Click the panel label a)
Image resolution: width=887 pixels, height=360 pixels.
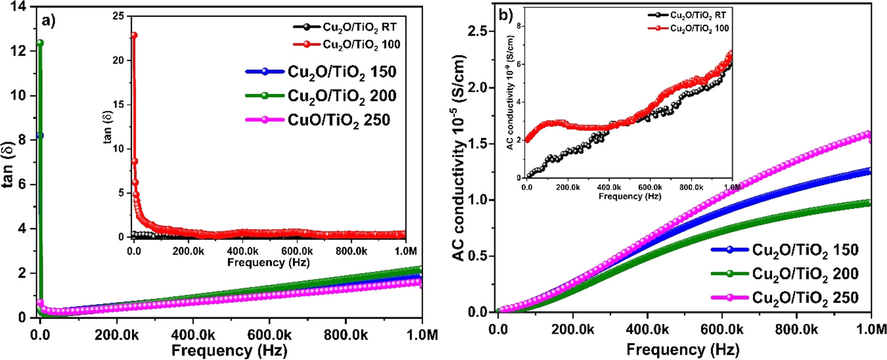pos(49,20)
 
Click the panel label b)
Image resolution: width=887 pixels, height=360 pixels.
pos(505,15)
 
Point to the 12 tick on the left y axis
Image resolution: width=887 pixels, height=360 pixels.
pos(19,51)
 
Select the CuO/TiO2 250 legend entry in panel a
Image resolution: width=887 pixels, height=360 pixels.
pos(339,120)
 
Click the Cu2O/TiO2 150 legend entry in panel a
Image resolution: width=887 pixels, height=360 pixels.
pos(342,71)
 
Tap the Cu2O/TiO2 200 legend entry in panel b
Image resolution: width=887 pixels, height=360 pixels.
pos(805,273)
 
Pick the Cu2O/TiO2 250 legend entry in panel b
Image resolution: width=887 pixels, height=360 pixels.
pos(805,298)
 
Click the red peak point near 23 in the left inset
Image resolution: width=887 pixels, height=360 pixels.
pos(134,35)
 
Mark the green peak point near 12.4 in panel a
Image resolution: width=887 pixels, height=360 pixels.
pos(40,43)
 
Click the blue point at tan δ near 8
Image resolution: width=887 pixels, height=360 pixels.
pos(40,135)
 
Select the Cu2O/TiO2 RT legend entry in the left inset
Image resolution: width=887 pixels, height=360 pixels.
pos(359,27)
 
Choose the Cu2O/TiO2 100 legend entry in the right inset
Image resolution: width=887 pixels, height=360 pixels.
pos(699,28)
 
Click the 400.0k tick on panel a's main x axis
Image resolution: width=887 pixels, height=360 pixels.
pos(193,335)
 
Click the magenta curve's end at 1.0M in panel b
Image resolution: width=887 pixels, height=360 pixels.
pos(869,135)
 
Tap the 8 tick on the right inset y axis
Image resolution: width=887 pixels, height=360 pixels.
pos(519,26)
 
